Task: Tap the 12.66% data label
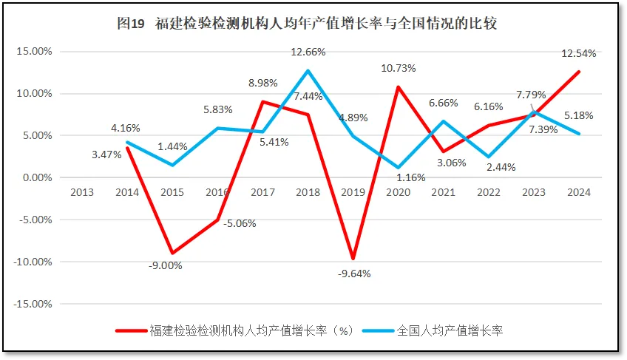click(308, 52)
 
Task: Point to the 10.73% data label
click(399, 68)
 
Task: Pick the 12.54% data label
click(579, 53)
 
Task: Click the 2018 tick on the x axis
click(308, 192)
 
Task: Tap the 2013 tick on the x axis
click(82, 192)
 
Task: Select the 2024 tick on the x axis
click(579, 192)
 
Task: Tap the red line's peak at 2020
click(399, 87)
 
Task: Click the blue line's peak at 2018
click(308, 71)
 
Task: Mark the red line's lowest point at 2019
click(353, 259)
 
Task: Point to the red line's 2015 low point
click(172, 253)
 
